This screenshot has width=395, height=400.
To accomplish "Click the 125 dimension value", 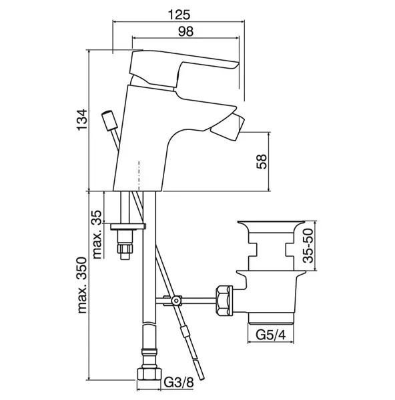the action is (179, 15).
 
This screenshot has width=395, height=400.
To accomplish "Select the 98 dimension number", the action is (185, 31).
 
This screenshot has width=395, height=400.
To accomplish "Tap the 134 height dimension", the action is (82, 119).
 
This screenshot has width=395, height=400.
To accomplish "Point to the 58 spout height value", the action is (262, 161).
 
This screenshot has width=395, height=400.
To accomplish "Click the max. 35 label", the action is (97, 234).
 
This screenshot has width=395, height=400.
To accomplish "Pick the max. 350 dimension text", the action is (82, 285).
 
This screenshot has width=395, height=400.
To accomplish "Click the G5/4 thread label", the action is (271, 335).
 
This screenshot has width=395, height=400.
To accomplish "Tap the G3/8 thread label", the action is (179, 383).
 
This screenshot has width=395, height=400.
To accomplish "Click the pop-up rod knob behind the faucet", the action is (110, 121).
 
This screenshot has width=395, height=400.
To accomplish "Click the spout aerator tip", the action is (228, 127).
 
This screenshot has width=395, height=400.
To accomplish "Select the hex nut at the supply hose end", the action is (149, 375).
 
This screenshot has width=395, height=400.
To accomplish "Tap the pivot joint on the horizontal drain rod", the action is (175, 301).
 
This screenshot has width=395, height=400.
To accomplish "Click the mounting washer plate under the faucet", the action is (128, 226).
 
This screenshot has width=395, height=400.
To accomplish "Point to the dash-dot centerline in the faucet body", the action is (139, 176).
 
